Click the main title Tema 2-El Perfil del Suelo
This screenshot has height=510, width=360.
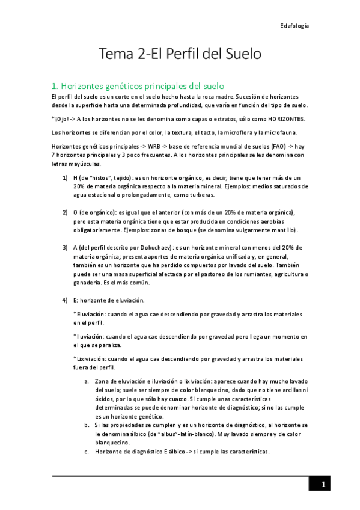[x=180, y=54]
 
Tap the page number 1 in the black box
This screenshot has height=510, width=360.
[x=323, y=485]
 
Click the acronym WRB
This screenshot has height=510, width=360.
[x=137, y=146]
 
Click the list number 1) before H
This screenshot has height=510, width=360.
[x=65, y=178]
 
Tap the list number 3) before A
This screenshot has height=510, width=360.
[x=65, y=248]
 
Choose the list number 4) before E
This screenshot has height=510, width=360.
[x=65, y=300]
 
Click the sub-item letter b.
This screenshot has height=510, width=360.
[x=87, y=425]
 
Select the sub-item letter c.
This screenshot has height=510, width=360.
[x=87, y=452]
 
